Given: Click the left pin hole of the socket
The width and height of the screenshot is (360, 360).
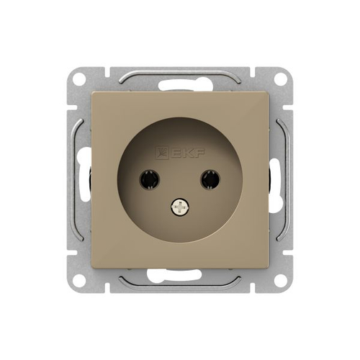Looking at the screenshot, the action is click(x=149, y=179).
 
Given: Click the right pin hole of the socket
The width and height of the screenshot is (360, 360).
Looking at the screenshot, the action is click(x=210, y=179).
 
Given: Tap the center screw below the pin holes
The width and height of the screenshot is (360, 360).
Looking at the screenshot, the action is click(x=180, y=207).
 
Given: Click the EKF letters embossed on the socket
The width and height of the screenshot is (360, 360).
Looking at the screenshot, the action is click(x=188, y=153).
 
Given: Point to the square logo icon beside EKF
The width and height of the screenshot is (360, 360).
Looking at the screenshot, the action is click(x=162, y=153).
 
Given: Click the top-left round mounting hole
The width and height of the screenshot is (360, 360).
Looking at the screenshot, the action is click(x=79, y=80).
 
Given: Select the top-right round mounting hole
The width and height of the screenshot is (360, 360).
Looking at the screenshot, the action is click(x=281, y=80).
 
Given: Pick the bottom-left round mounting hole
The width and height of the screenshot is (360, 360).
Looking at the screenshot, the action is click(x=79, y=279).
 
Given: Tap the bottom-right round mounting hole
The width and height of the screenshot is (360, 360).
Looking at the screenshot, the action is click(x=281, y=279).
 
